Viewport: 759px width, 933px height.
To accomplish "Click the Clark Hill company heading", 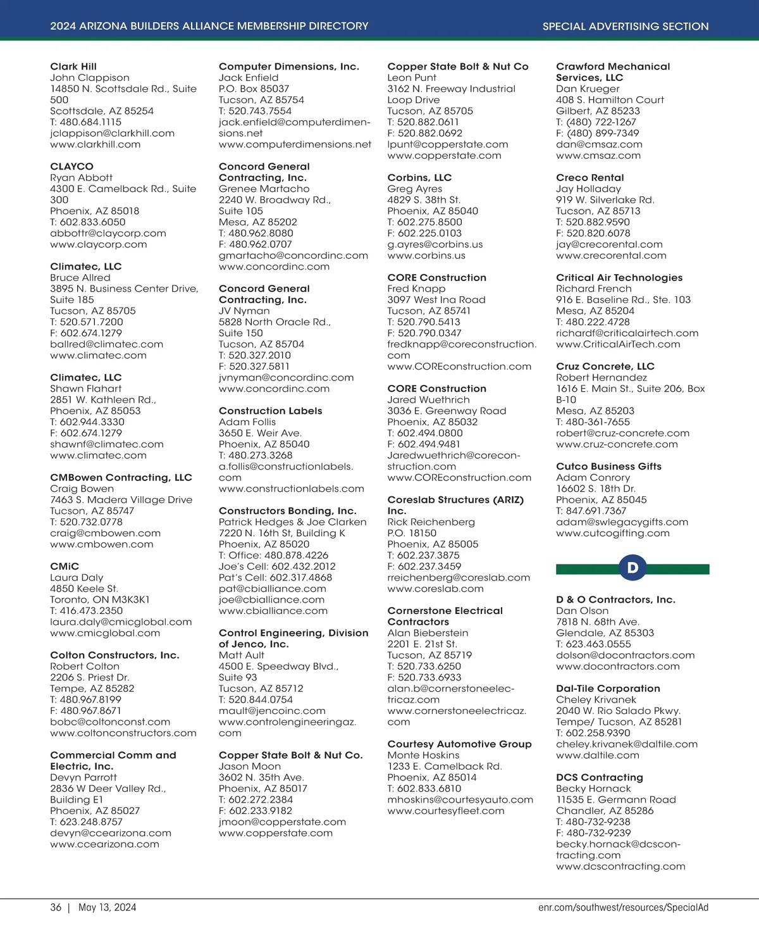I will tap(73, 66).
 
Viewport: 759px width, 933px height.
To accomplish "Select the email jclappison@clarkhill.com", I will tap(112, 134).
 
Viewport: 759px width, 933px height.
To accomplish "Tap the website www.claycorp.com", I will tap(98, 244).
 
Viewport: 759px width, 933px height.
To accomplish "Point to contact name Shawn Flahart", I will tap(85, 389).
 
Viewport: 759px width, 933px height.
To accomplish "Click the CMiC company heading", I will tap(65, 567).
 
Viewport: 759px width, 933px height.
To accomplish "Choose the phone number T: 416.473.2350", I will tap(87, 611).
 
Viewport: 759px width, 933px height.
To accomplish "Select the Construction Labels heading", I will tap(270, 411).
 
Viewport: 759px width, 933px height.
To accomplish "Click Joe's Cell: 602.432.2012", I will tap(277, 567).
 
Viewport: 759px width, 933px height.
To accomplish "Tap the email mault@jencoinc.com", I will tap(272, 711).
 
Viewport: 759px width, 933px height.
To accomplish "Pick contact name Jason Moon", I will tap(250, 767).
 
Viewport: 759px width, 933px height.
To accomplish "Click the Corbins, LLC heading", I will tap(419, 178).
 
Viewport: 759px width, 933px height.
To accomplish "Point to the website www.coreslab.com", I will tap(435, 589).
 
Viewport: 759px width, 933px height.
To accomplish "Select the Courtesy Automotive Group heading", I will tap(459, 744).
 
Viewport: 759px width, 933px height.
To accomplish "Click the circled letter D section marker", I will tap(632, 568).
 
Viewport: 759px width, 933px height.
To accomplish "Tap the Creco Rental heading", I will tap(589, 178).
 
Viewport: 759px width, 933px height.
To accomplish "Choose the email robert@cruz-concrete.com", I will tap(622, 434).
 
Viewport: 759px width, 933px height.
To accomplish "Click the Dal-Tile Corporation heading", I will tap(608, 689).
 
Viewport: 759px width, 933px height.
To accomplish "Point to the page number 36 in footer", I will tap(56, 908).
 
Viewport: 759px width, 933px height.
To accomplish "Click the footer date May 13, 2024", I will tap(107, 908).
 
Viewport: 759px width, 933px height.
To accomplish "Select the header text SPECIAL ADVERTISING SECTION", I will tap(625, 27).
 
